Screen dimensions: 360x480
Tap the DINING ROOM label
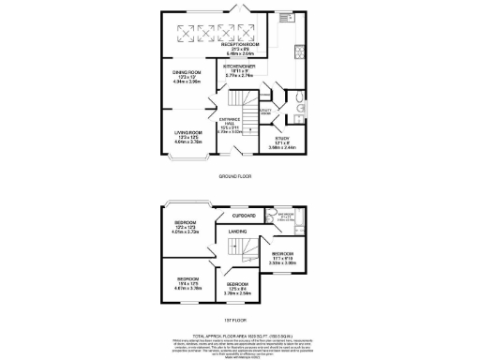[187, 70]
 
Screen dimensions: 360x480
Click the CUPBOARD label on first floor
[245, 216]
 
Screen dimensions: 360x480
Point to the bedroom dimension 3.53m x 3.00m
[286, 262]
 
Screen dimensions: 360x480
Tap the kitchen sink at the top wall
[284, 16]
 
